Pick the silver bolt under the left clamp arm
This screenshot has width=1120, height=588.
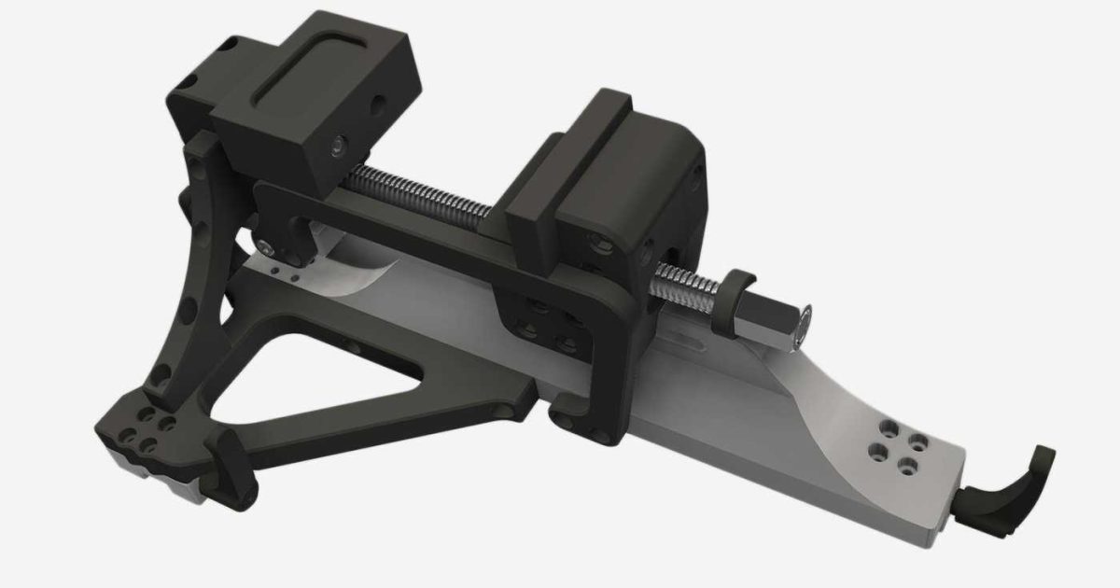pyautogui.click(x=269, y=247)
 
